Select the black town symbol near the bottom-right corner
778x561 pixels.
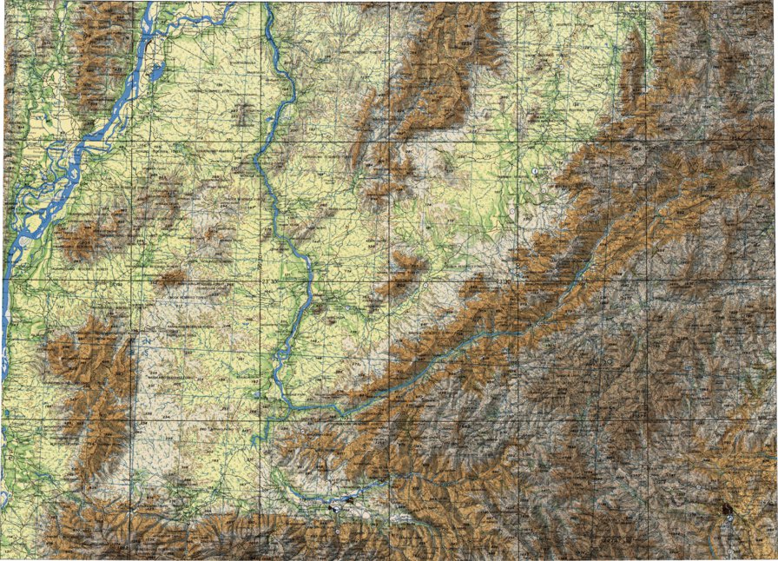tap(723, 506)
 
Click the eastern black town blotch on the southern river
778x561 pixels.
tap(348, 499)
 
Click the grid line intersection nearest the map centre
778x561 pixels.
tap(390, 280)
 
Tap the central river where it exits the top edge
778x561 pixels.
tap(267, 4)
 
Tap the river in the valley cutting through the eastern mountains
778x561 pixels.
tap(521, 321)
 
